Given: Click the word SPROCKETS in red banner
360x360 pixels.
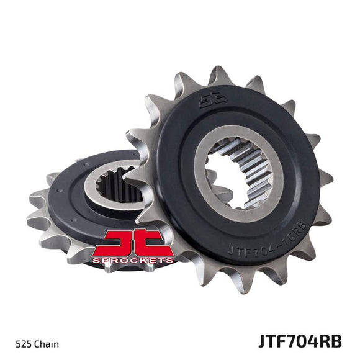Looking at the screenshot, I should (x=132, y=261).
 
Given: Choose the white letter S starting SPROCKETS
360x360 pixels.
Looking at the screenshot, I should (x=94, y=261).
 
